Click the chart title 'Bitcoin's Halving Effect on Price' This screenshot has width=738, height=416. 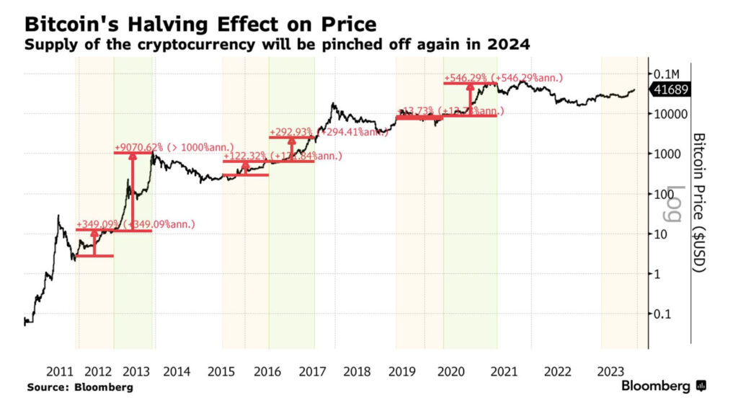tap(200, 25)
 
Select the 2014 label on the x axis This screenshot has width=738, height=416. tap(177, 372)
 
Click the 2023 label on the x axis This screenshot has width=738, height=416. tap(611, 372)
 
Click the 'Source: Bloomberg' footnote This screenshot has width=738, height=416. tap(80, 388)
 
